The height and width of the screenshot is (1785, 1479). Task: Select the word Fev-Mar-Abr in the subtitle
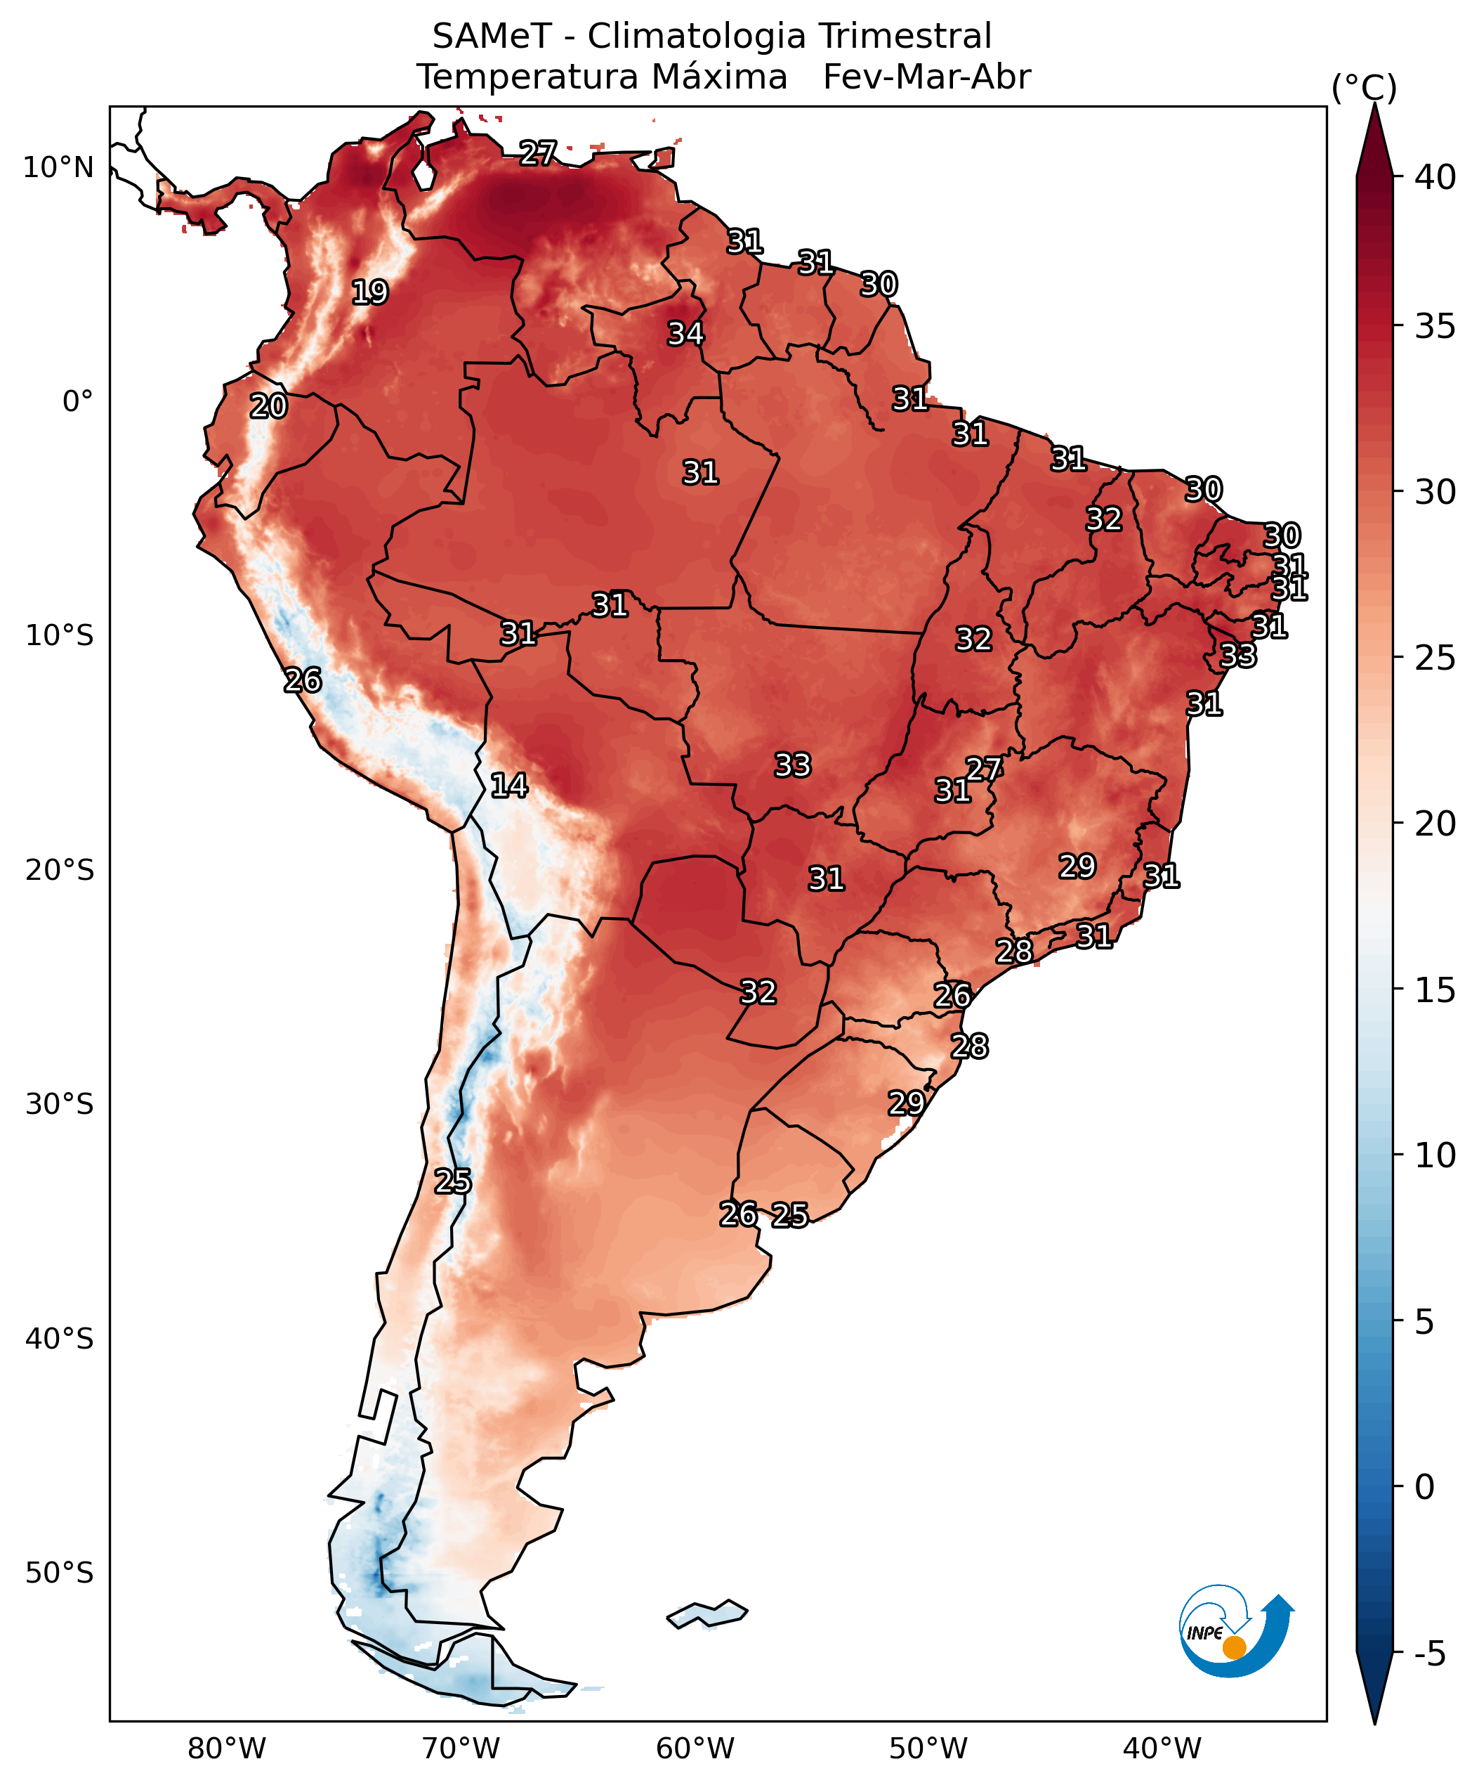926,77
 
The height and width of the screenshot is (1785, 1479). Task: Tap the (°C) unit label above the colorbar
1363,88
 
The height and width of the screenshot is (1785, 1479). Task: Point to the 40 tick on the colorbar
1435,177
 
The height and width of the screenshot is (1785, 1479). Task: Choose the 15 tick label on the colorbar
1435,990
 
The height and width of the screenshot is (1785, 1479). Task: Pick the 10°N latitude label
58,167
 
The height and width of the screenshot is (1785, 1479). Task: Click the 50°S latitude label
58,1573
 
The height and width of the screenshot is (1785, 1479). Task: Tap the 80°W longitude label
227,1749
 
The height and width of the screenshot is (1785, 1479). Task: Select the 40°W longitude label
1162,1749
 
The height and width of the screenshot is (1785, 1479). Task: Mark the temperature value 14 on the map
509,786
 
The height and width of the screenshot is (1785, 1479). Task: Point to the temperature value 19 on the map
369,292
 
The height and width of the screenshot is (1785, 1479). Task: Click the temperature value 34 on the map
685,333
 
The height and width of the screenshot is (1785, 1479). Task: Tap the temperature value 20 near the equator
268,406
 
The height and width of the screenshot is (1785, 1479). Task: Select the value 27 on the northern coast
538,153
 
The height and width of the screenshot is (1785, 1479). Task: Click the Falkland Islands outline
706,1614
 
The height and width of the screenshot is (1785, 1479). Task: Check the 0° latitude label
77,401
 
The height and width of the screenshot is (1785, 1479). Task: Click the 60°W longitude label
695,1749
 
